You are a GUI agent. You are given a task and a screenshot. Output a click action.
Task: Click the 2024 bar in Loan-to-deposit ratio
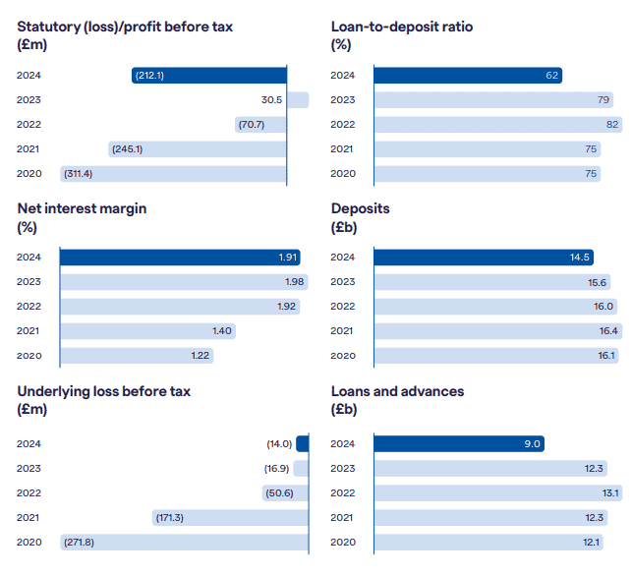coord(468,75)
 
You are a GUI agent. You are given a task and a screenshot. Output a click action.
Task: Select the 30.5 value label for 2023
coord(272,99)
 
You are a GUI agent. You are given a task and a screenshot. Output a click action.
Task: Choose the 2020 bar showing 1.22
coord(137,356)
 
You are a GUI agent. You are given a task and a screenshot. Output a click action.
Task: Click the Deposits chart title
coord(361,209)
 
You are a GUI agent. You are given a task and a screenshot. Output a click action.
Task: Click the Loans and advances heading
coord(397,391)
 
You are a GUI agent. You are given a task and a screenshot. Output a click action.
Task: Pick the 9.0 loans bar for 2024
coord(459,443)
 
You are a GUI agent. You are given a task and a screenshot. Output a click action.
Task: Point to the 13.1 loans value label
coord(610,492)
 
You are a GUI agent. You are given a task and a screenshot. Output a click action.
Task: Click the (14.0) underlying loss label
coord(279,443)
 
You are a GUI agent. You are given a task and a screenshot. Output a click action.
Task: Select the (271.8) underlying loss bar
coord(184,542)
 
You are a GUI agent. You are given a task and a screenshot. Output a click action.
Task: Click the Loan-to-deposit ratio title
coord(402,27)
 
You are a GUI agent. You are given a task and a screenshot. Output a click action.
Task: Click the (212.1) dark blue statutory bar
coord(209,75)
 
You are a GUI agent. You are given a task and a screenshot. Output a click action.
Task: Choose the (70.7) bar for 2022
coord(260,125)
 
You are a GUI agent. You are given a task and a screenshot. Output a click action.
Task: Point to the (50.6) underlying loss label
coord(279,492)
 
